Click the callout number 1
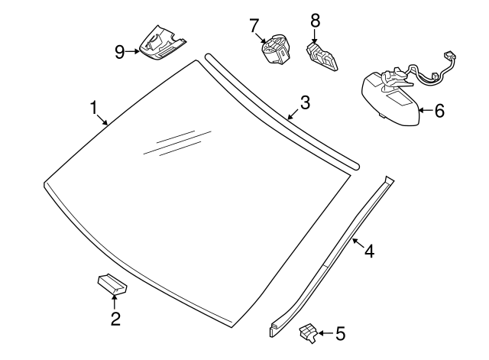(x=94, y=107)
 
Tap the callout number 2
(x=115, y=319)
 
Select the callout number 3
(x=304, y=102)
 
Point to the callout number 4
(x=368, y=250)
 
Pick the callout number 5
(x=340, y=333)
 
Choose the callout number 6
(x=439, y=111)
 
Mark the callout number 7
(x=254, y=27)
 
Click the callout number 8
(x=315, y=20)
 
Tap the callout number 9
(x=120, y=52)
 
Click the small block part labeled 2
(x=112, y=284)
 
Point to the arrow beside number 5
(x=324, y=332)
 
